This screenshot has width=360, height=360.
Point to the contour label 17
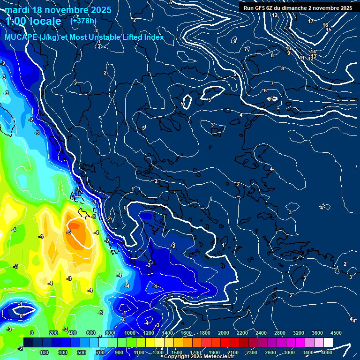tap(311, 21)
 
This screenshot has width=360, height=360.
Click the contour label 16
tap(325, 25)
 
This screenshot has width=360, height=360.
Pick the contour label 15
tap(329, 30)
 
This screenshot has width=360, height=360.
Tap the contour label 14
tap(313, 52)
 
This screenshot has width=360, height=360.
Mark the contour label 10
tap(288, 48)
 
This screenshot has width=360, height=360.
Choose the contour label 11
tap(302, 58)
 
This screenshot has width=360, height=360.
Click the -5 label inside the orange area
tap(68, 232)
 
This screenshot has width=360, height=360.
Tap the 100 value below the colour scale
tap(44, 352)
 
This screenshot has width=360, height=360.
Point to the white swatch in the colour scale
tap(328, 343)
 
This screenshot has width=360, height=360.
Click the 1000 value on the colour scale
tap(129, 333)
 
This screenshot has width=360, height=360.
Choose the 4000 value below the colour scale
tap(327, 352)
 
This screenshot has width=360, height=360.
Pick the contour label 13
tap(314, 56)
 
